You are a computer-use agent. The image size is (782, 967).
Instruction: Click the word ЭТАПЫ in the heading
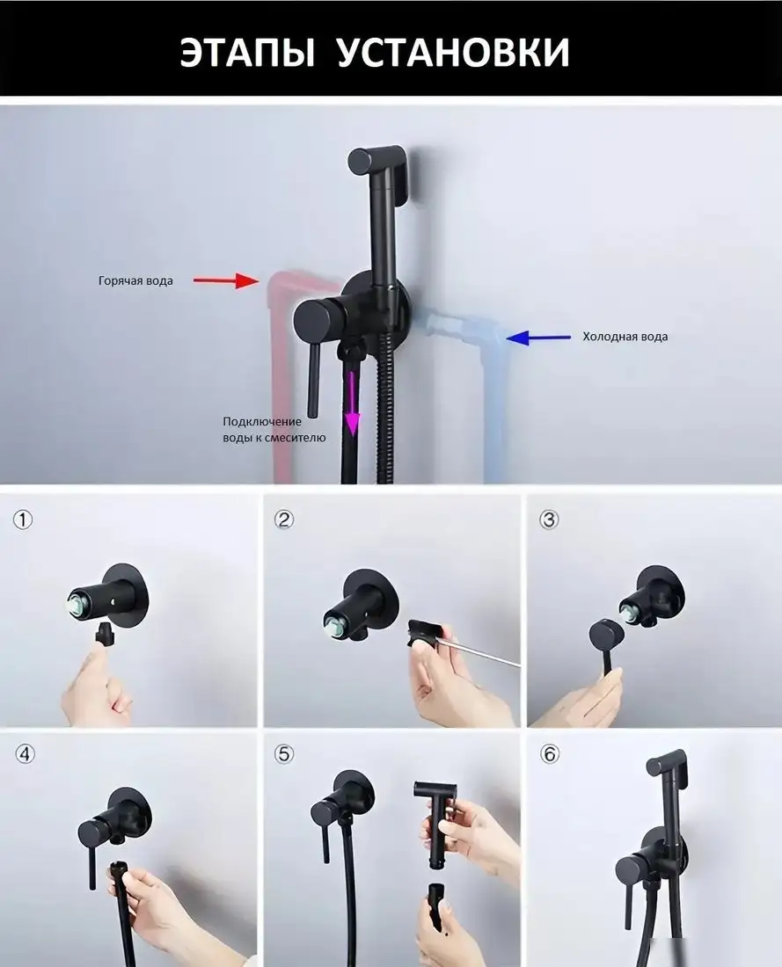[247, 52]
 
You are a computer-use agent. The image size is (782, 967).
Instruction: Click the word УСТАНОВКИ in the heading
[454, 52]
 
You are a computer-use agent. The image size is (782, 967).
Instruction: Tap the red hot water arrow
[227, 281]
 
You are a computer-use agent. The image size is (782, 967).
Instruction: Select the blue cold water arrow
[539, 338]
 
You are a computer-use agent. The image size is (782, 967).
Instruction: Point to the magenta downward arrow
[352, 401]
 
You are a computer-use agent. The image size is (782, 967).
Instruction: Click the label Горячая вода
[135, 280]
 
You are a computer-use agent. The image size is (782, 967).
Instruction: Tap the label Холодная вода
[625, 337]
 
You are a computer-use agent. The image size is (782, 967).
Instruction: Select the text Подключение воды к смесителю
[274, 430]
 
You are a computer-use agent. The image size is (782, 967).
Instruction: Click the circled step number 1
[23, 520]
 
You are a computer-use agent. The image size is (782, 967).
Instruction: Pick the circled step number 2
[284, 520]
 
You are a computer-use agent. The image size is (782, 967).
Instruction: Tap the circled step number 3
[549, 520]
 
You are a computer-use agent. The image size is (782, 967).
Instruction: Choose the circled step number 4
[25, 754]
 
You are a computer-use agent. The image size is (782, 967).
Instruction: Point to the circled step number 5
[284, 754]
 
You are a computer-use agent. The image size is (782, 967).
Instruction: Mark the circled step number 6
[549, 754]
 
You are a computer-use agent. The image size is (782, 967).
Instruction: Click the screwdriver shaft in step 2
[481, 654]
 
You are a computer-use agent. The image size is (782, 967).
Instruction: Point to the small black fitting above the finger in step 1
[105, 635]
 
